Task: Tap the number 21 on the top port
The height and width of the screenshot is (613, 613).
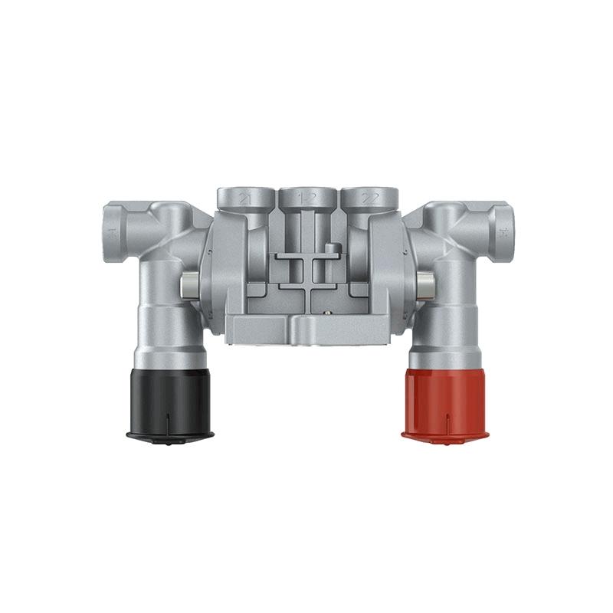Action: (246, 198)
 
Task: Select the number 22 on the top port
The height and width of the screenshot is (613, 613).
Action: (370, 198)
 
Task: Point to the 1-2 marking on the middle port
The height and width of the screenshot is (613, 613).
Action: (308, 198)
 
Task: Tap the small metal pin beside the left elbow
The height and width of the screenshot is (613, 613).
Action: (186, 287)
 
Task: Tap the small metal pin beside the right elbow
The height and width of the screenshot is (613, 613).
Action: (426, 287)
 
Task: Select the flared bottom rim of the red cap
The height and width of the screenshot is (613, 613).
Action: (443, 435)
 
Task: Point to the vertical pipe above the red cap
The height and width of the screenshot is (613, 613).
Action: (448, 322)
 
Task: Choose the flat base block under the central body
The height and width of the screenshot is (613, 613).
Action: (306, 329)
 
